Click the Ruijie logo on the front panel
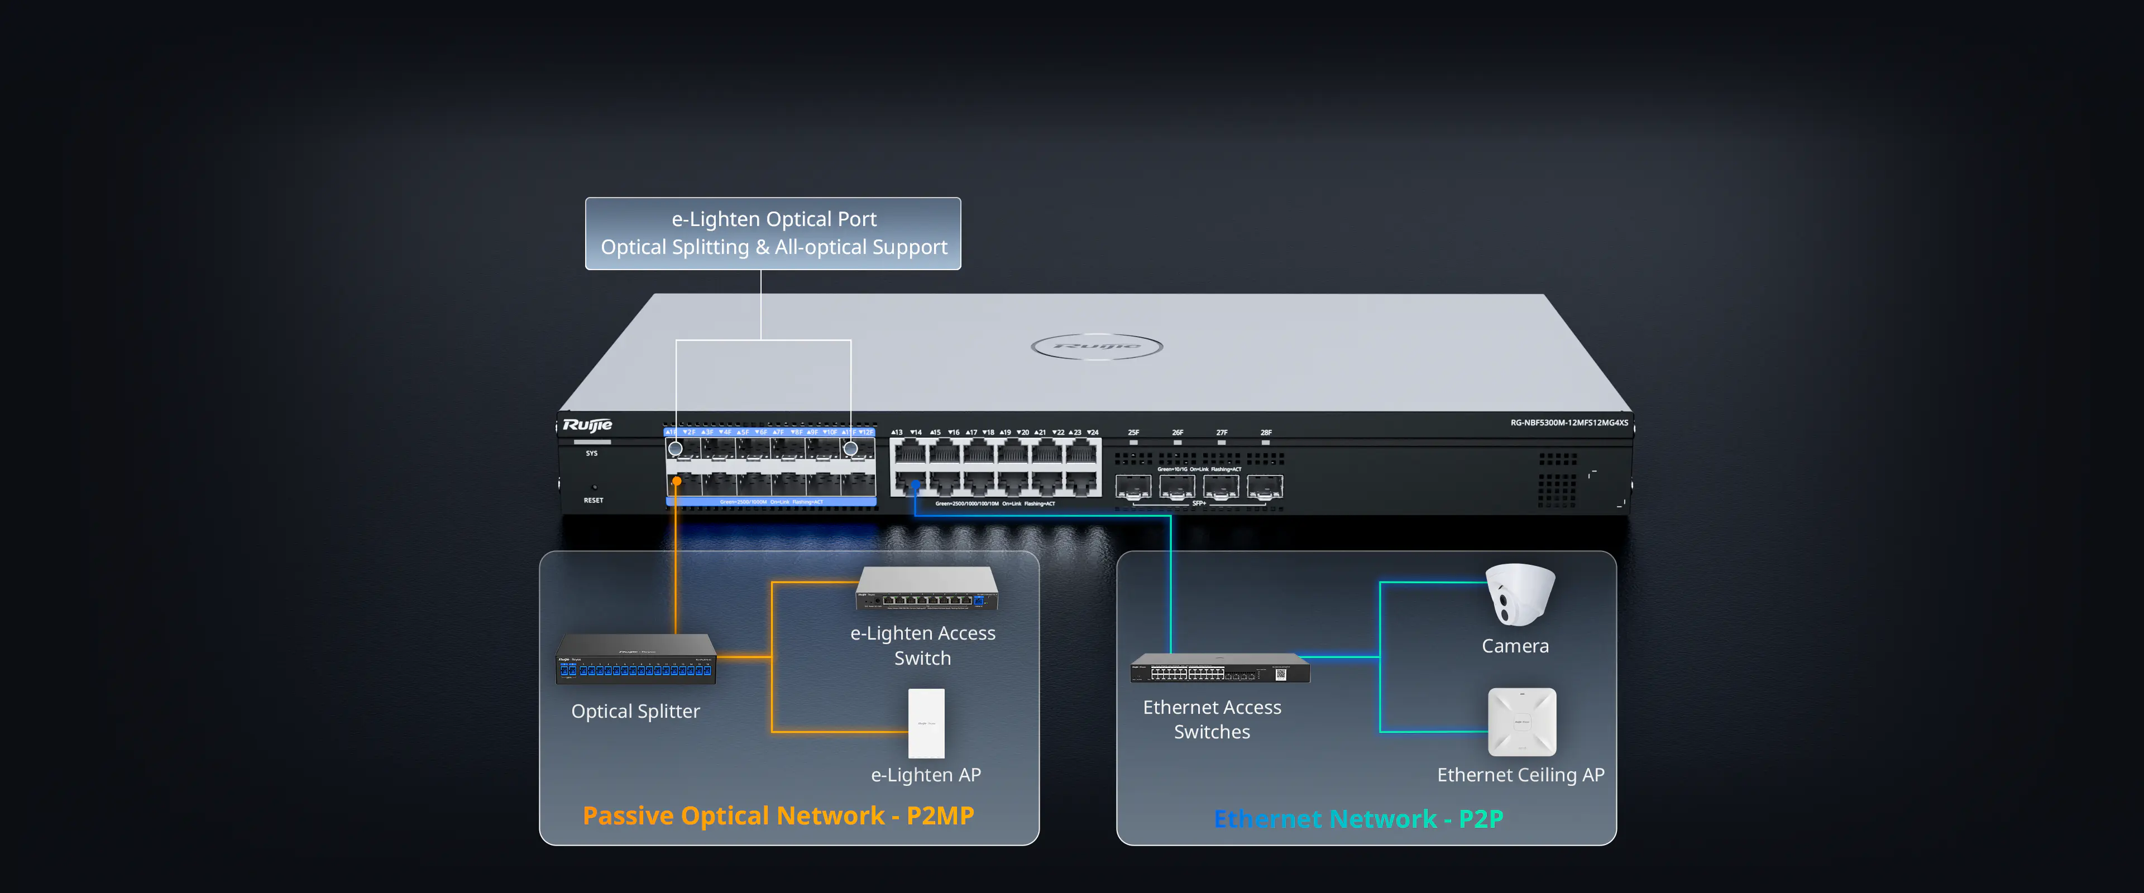point(587,425)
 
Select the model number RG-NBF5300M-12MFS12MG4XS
point(1569,423)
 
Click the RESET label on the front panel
point(594,500)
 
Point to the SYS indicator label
point(592,454)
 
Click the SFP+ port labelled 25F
point(1133,486)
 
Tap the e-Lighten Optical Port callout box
point(773,233)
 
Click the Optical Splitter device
point(636,659)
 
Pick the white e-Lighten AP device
point(926,722)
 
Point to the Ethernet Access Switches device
point(1219,668)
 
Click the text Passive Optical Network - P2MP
point(778,815)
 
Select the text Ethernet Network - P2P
point(1358,819)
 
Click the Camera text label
point(1515,646)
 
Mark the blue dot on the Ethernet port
point(915,484)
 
